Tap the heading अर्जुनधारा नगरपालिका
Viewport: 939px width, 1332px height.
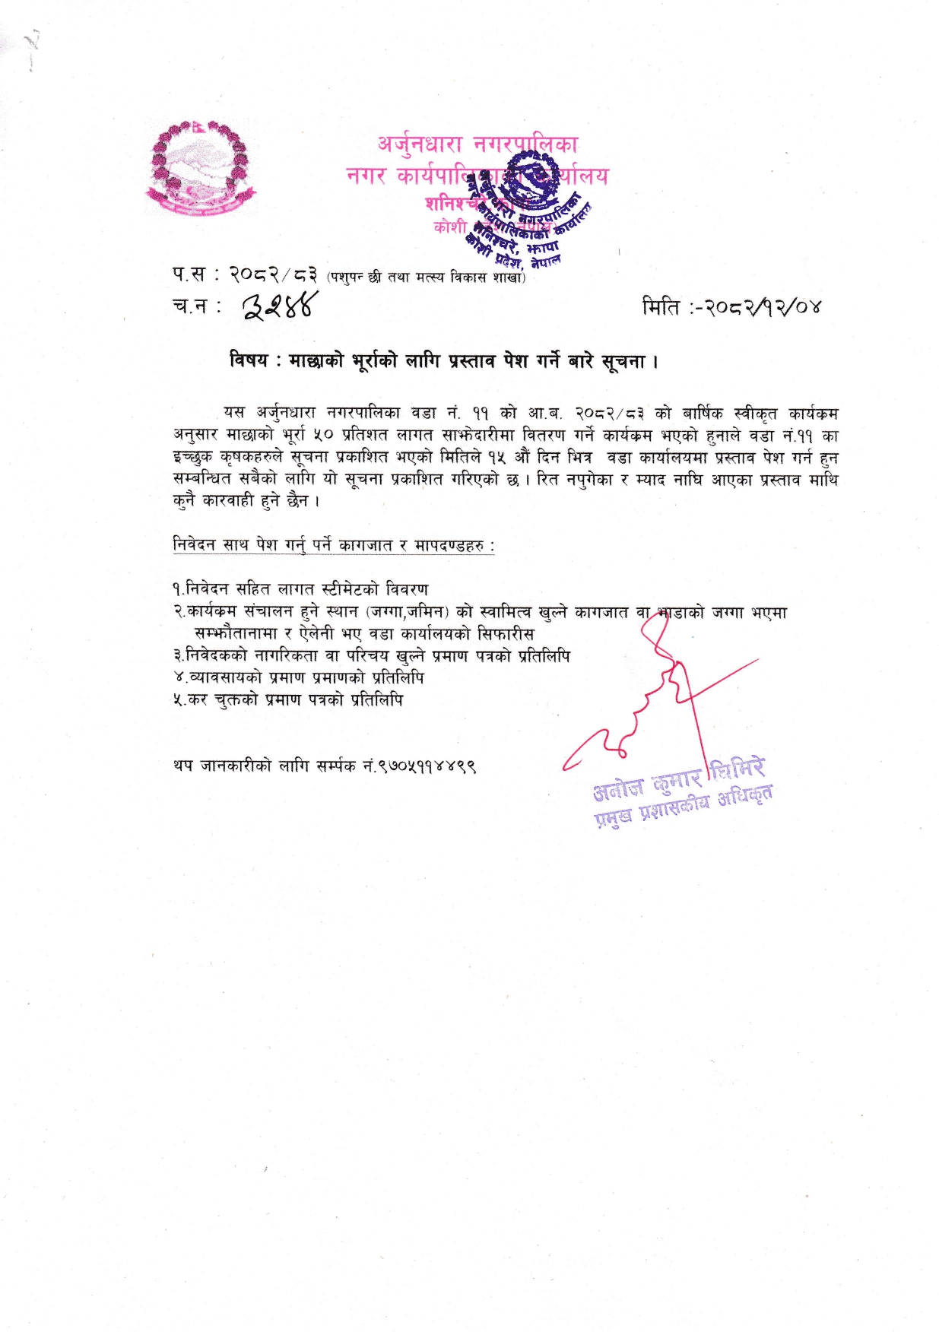click(477, 144)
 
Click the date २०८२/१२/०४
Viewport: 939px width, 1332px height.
click(761, 307)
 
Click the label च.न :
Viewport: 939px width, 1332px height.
click(196, 306)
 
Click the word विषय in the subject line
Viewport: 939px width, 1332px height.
click(248, 360)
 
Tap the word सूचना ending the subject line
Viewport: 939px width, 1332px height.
click(624, 361)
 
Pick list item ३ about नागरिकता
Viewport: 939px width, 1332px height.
click(371, 655)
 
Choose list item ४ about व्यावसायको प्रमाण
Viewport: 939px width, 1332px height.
click(298, 677)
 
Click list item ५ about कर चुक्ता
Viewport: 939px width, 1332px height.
click(287, 699)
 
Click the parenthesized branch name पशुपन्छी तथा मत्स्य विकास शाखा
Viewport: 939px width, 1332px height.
click(426, 277)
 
